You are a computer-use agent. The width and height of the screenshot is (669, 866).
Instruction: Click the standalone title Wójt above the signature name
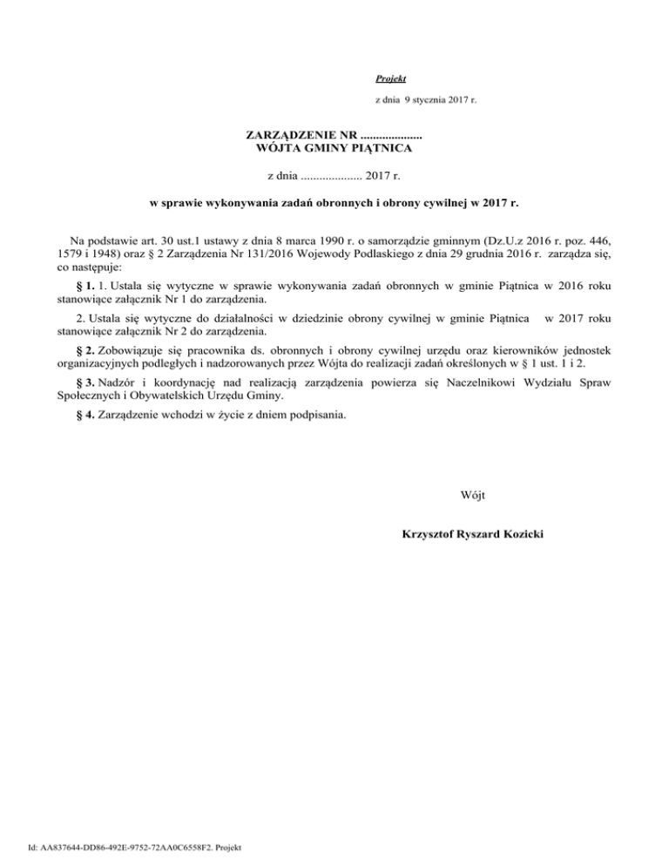click(x=472, y=497)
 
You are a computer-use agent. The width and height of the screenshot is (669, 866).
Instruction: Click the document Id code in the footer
click(x=128, y=845)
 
